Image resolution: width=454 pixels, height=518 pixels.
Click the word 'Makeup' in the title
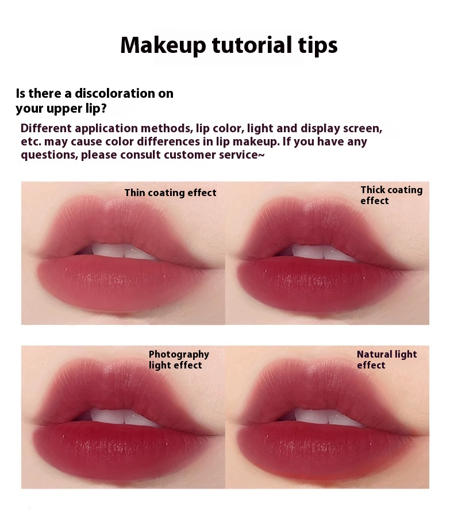coord(163,45)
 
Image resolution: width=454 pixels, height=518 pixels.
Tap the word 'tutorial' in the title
coord(252,45)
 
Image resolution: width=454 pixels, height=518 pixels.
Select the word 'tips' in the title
coord(318,46)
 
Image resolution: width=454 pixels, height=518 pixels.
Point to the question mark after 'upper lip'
coord(103,109)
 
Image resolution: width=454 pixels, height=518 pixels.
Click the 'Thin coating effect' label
coord(170,193)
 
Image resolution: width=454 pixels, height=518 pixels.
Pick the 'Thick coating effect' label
coord(391,195)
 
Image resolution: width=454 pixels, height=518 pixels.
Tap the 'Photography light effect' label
coord(179,359)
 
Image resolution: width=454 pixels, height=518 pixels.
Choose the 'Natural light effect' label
coord(387,359)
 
